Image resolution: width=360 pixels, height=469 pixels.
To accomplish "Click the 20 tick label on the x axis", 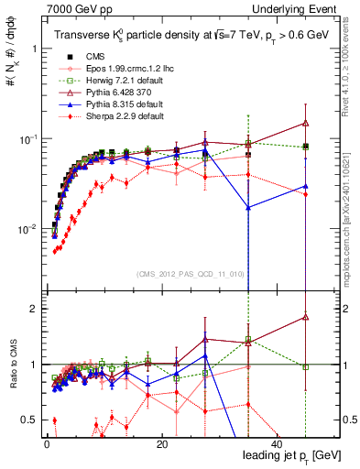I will pyautogui.click(x=161, y=441).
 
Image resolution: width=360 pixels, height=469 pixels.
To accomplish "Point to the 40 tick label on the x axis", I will pyautogui.click(x=276, y=441).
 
